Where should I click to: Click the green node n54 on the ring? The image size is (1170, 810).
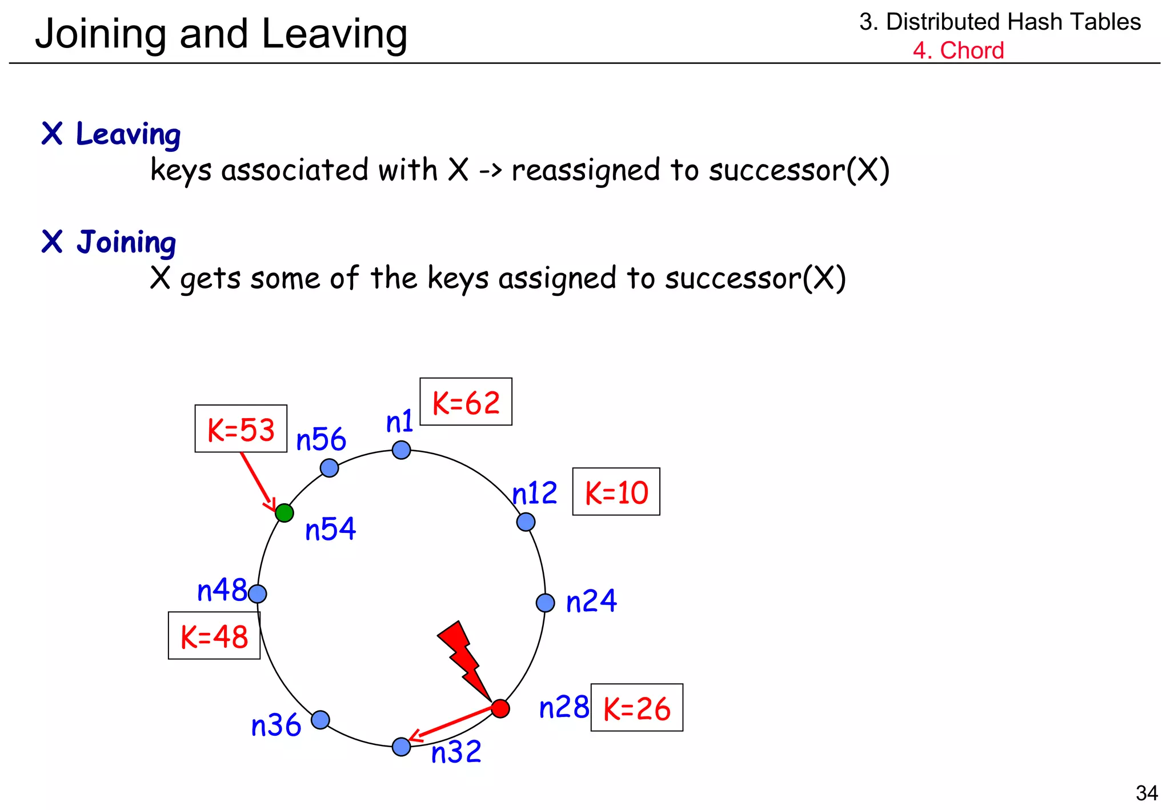tap(285, 513)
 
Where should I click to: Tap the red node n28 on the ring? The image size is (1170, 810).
tap(500, 708)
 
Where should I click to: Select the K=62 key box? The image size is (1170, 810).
tap(466, 402)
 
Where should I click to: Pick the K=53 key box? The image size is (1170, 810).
tap(241, 429)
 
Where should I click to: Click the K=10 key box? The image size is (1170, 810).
tap(616, 492)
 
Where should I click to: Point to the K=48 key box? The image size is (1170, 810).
tap(214, 636)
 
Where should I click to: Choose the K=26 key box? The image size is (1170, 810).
tap(636, 708)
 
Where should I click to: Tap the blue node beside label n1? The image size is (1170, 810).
tap(402, 450)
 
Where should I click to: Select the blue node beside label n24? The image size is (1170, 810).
tap(546, 603)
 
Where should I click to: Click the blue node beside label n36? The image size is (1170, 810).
tap(320, 720)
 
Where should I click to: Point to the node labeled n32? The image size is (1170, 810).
tap(402, 747)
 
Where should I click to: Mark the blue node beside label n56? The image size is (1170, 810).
tap(329, 468)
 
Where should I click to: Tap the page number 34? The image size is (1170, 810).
tap(1147, 793)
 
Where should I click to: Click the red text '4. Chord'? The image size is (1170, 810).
tap(958, 50)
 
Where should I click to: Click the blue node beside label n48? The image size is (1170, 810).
tap(258, 594)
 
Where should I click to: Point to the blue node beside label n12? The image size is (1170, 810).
tap(526, 522)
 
